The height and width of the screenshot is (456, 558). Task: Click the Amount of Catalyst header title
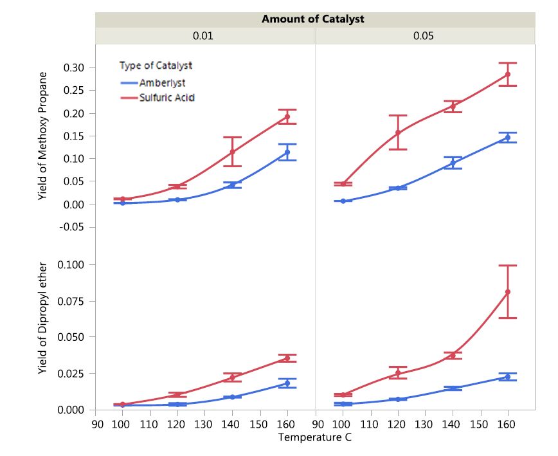click(x=312, y=19)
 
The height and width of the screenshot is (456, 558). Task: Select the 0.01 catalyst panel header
click(x=203, y=36)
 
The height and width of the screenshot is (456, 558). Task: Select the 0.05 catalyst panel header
click(x=423, y=36)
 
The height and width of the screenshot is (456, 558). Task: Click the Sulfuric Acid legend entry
click(x=166, y=98)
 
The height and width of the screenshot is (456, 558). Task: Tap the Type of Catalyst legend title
click(x=156, y=65)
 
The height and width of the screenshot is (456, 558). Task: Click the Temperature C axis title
click(x=315, y=437)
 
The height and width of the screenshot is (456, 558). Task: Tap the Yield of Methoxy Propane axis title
click(x=44, y=136)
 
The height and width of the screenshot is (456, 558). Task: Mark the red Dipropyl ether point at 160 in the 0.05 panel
click(x=508, y=292)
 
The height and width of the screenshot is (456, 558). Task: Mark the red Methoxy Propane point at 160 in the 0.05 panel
click(x=508, y=74)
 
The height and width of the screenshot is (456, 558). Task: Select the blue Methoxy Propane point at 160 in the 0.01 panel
click(x=287, y=152)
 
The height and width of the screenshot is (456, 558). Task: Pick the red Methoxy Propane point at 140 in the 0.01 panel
click(x=232, y=152)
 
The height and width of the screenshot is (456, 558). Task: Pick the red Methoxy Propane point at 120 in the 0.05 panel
click(x=398, y=132)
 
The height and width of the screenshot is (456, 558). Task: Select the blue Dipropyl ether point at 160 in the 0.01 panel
click(x=287, y=383)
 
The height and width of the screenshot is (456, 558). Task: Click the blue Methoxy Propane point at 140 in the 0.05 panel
click(x=453, y=163)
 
